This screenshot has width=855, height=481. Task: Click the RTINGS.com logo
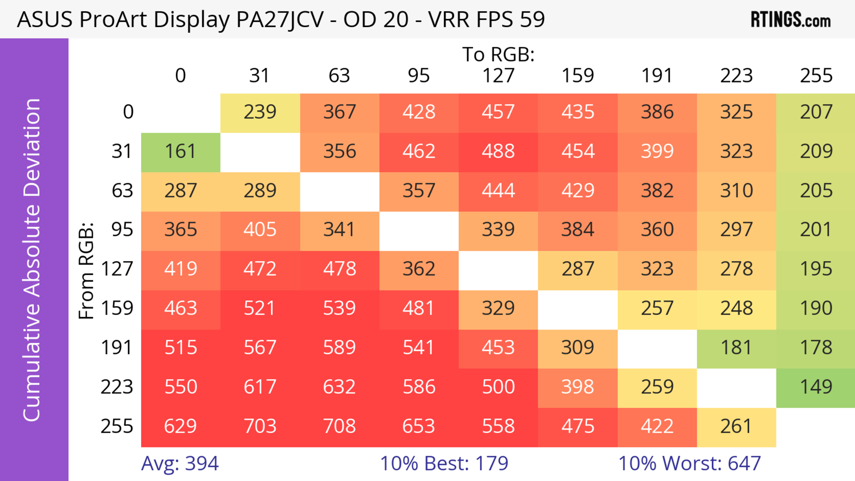791,20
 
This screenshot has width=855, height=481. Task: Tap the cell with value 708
339,426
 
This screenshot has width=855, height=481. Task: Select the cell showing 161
181,151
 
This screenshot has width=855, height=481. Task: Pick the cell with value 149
816,387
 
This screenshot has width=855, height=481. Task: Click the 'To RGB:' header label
498,54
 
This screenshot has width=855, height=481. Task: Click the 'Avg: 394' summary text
179,463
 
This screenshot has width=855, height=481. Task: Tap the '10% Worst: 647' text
689,463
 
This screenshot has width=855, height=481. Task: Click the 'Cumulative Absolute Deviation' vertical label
32,260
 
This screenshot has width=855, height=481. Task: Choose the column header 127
498,76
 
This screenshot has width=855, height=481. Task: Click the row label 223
117,387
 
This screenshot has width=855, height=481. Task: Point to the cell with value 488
498,151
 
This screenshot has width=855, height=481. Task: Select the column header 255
816,76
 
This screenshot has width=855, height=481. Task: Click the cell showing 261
736,426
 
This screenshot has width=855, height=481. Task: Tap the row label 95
122,229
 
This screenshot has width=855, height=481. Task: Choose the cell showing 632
339,387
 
